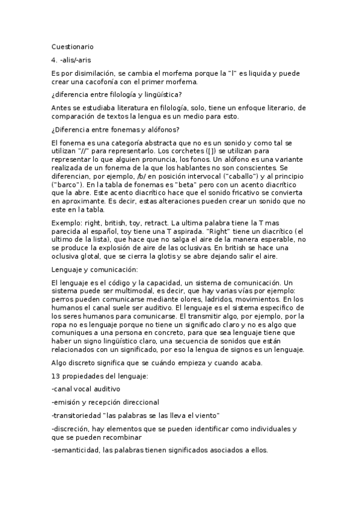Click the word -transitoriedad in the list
click(76, 415)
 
